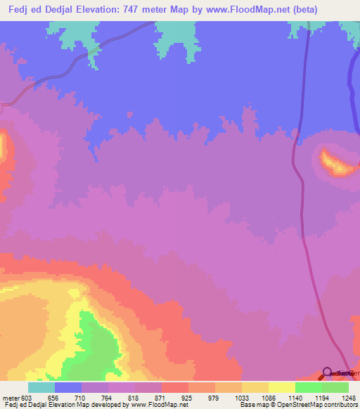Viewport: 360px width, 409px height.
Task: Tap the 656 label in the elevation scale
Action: tap(54, 397)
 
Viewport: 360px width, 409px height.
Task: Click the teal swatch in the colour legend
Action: tap(41, 387)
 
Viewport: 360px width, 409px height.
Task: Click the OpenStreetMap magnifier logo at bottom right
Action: tap(328, 373)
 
